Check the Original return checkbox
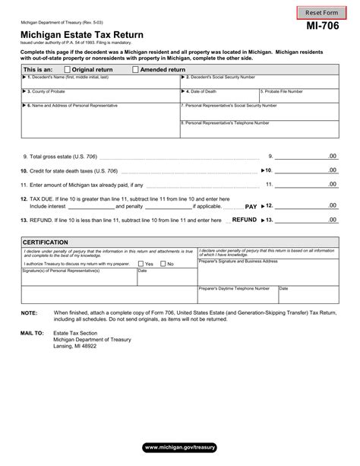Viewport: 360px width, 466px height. coord(68,69)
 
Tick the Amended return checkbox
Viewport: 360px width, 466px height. coord(135,69)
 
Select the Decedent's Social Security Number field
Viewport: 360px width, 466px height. coord(259,81)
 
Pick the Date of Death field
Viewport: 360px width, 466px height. coord(219,95)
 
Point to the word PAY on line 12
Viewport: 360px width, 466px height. coord(251,206)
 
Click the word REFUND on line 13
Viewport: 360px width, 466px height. coord(244,220)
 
